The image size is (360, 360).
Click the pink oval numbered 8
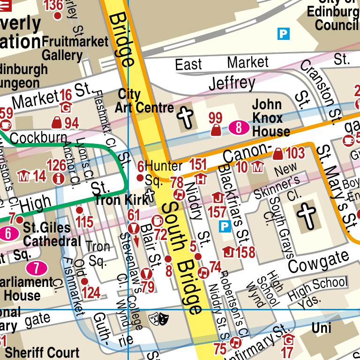(239, 127)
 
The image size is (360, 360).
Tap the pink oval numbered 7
(37, 268)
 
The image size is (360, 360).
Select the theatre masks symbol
(158, 319)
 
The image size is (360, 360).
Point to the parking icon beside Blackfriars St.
(225, 227)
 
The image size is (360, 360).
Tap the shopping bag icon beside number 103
(278, 153)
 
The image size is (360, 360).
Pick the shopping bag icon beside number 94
(57, 123)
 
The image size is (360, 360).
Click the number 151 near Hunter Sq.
(198, 164)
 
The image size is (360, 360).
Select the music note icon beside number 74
(203, 271)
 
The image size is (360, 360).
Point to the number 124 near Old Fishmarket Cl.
(91, 293)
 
